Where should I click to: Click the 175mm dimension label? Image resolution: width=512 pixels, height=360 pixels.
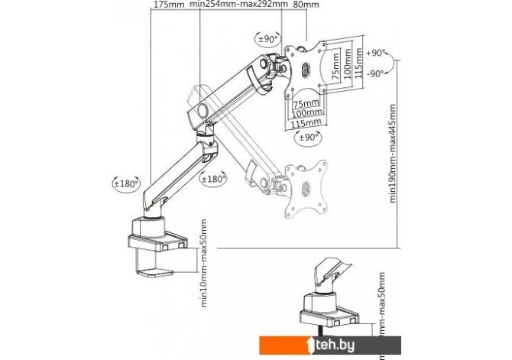pyautogui.click(x=168, y=5)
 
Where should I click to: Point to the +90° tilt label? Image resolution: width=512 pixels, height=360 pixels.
pyautogui.click(x=374, y=54)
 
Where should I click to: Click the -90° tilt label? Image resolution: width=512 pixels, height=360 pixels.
pyautogui.click(x=374, y=74)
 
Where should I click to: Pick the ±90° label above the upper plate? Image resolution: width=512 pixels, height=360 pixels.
pyautogui.click(x=267, y=38)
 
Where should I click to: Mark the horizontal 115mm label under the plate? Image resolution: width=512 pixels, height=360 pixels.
pyautogui.click(x=306, y=123)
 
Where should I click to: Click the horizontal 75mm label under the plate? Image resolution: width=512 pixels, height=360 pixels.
pyautogui.click(x=306, y=104)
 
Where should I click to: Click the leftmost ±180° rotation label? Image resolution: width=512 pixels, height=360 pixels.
pyautogui.click(x=126, y=183)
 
